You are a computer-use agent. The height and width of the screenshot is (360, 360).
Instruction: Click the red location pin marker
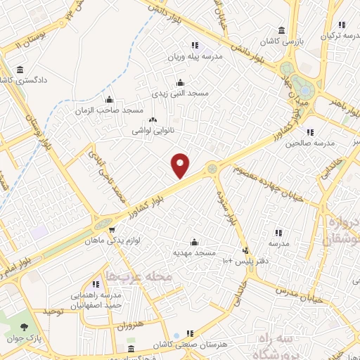pyautogui.click(x=181, y=166)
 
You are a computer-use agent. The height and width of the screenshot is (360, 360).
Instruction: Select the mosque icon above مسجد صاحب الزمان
pyautogui.click(x=108, y=99)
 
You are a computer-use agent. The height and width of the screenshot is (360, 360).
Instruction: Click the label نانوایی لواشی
pyautogui.click(x=151, y=131)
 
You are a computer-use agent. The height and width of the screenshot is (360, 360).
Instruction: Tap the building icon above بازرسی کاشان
pyautogui.click(x=281, y=30)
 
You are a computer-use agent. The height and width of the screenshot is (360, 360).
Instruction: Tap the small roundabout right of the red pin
pyautogui.click(x=212, y=167)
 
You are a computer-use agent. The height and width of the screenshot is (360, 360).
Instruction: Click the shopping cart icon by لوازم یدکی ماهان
pyautogui.click(x=110, y=229)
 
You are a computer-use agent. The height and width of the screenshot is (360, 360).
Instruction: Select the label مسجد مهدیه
pyautogui.click(x=195, y=251)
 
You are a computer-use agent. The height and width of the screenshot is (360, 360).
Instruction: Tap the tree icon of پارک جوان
pyautogui.click(x=25, y=327)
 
